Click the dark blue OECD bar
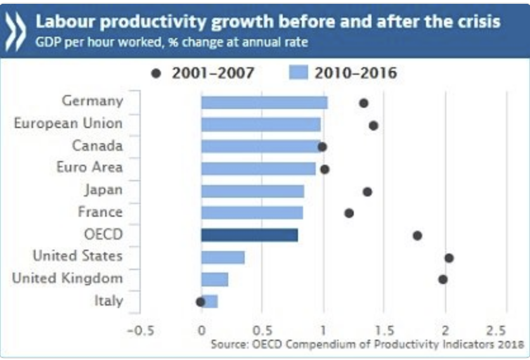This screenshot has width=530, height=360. tap(249, 235)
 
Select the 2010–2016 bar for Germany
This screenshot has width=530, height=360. tap(264, 103)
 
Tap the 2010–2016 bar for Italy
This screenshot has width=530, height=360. tap(210, 301)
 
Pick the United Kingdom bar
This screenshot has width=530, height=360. tap(215, 280)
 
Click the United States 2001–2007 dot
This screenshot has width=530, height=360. tap(449, 258)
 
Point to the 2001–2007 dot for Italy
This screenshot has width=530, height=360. tap(200, 302)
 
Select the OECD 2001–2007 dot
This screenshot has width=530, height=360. tap(417, 235)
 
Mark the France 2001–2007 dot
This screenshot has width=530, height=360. tap(349, 213)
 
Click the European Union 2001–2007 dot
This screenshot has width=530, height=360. tap(373, 125)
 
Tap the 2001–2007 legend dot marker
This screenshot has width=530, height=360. tap(156, 74)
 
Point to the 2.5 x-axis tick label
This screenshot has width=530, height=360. tap(496, 330)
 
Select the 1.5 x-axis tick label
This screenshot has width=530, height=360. tap(384, 330)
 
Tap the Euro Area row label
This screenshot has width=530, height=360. tap(94, 167)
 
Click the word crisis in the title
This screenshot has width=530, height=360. tap(478, 22)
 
